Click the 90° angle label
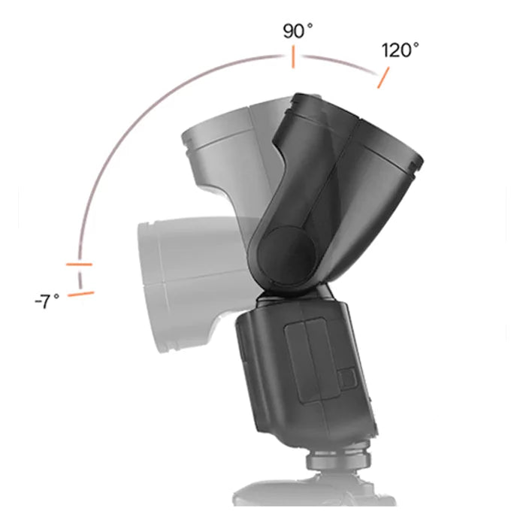[298, 32]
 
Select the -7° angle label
[47, 302]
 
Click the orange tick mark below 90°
[293, 57]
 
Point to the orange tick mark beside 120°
[383, 78]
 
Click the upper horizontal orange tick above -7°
[79, 265]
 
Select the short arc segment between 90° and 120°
[338, 62]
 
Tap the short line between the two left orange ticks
[80, 280]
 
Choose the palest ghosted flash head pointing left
[180, 278]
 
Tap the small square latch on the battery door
[348, 377]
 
